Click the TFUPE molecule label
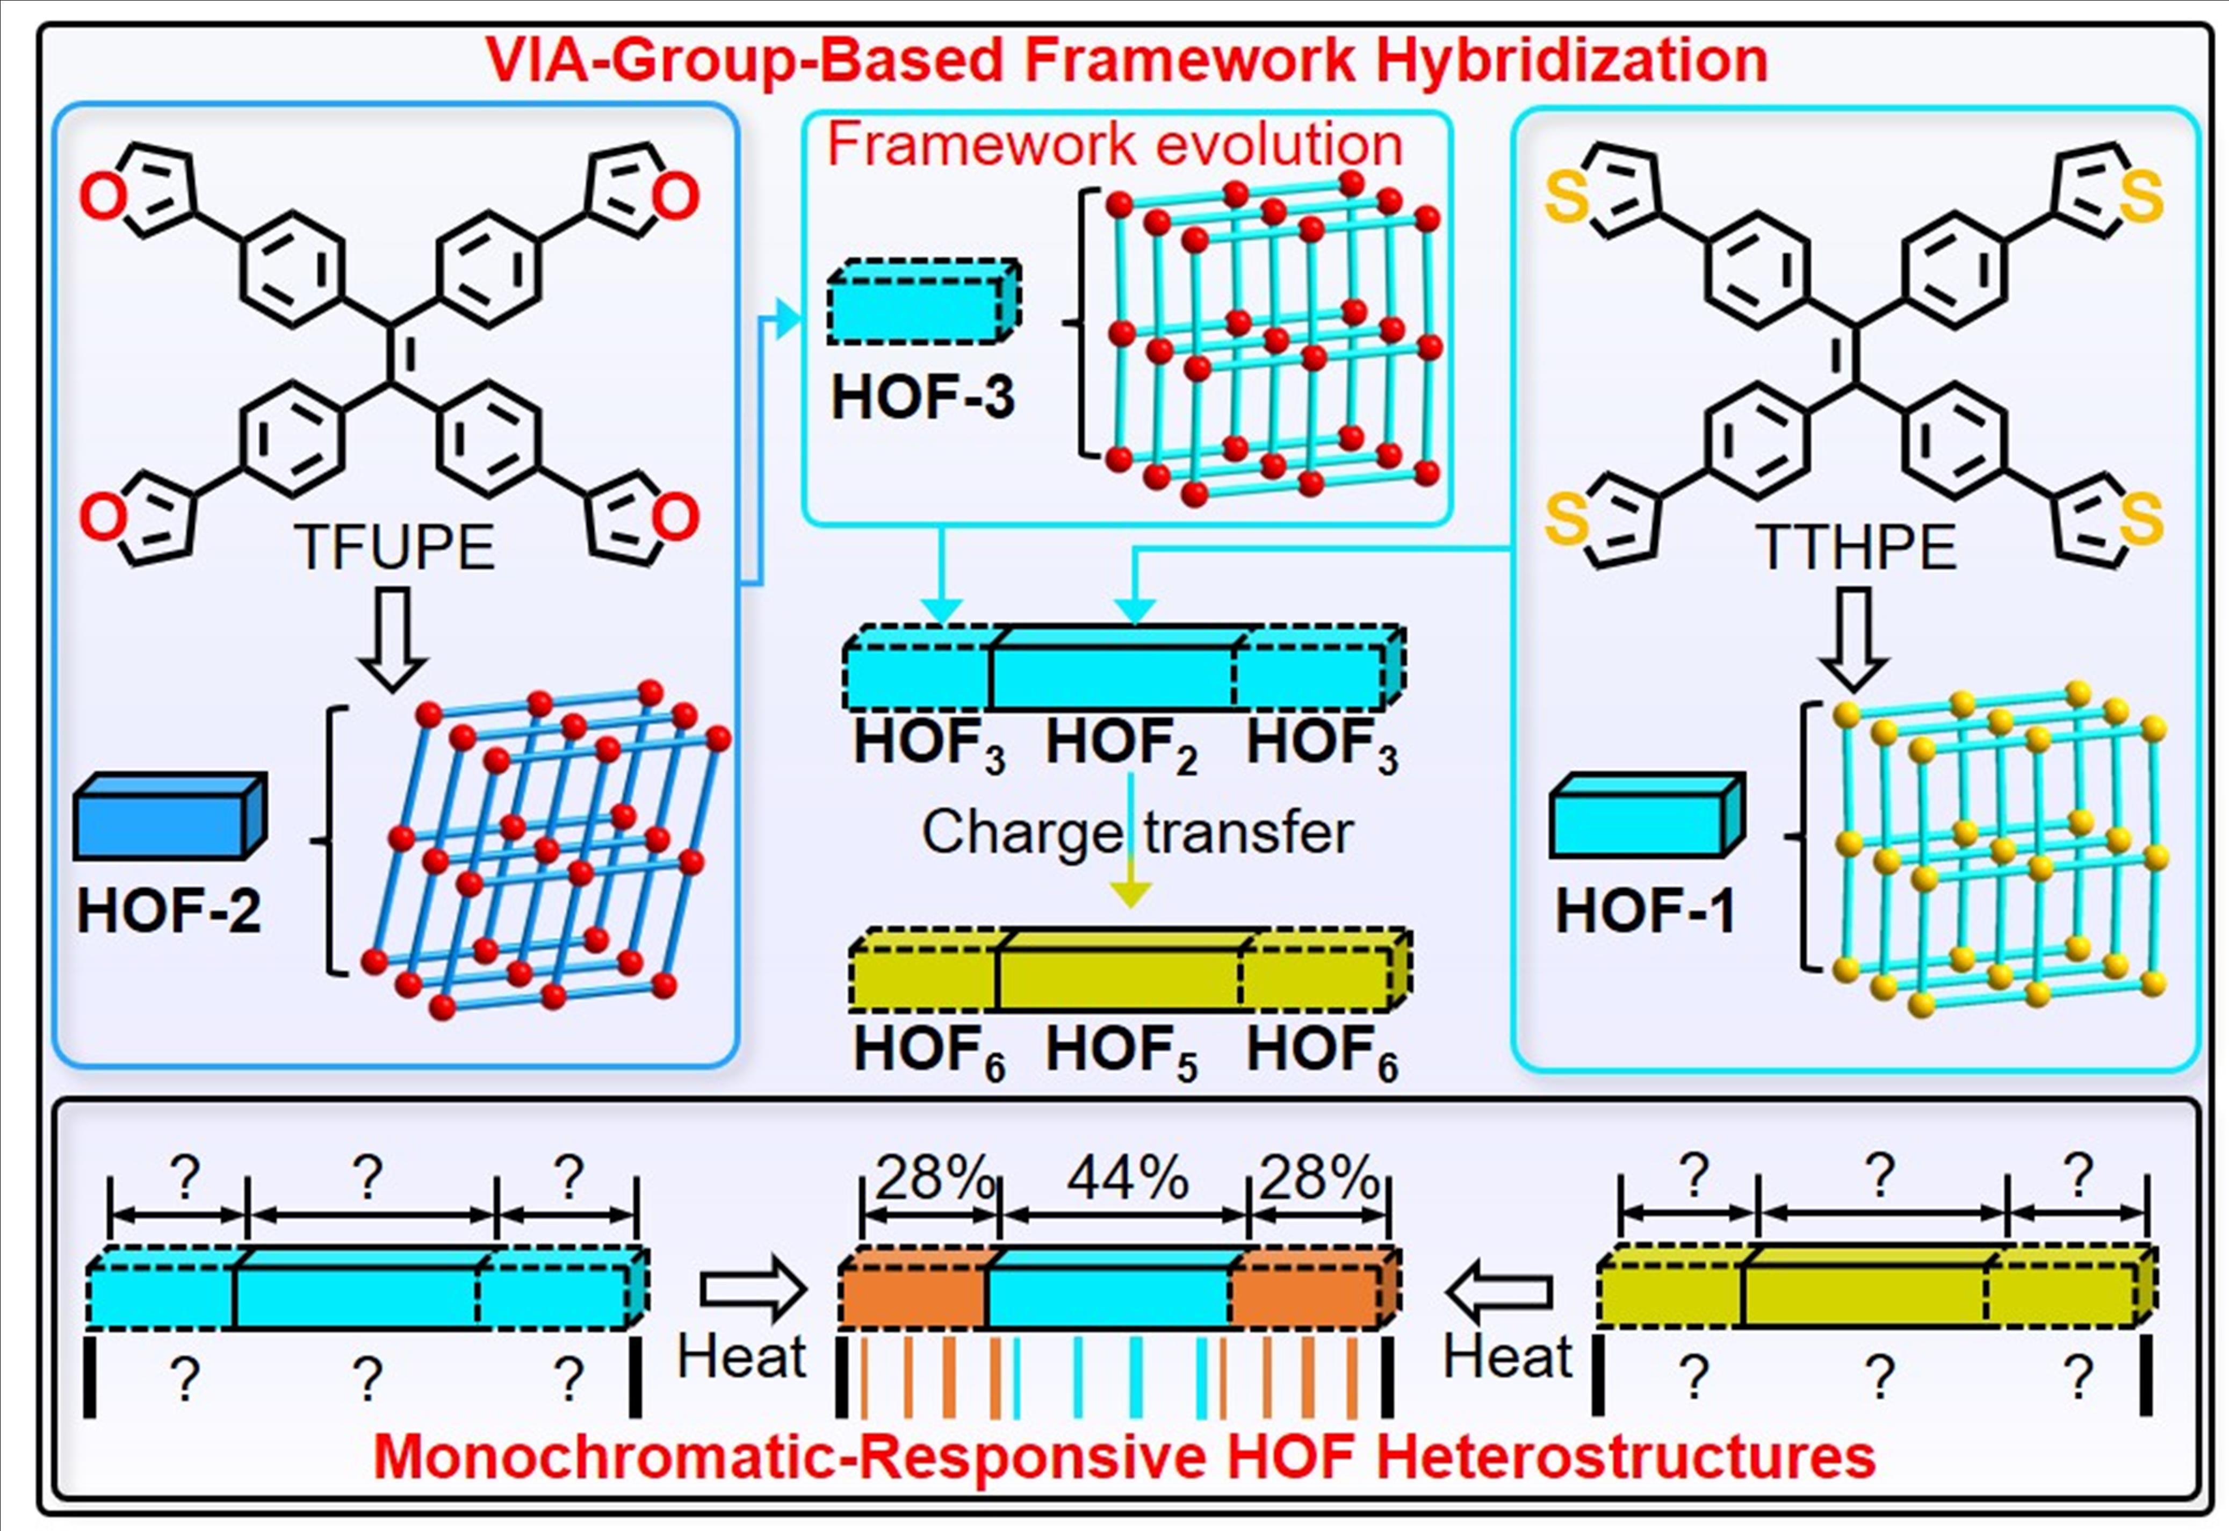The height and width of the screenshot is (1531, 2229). (393, 548)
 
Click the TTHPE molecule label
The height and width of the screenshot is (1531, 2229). (1856, 548)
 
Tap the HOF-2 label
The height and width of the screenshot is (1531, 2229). (169, 909)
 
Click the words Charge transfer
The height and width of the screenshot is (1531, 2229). (1137, 832)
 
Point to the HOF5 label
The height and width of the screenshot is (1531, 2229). (1120, 1051)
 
